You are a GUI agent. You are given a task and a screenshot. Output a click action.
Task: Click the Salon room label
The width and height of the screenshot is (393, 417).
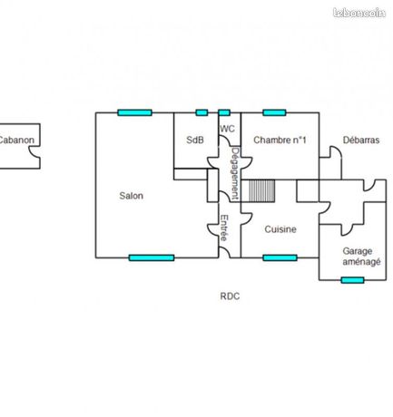point(131,196)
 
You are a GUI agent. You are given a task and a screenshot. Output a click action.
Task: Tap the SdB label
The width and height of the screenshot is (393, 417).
point(195,140)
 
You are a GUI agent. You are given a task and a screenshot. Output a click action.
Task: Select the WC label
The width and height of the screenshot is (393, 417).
point(227,129)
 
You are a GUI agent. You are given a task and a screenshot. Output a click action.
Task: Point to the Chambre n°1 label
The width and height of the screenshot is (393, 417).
point(280,140)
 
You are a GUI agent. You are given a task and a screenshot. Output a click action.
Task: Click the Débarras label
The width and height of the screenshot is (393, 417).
point(361,140)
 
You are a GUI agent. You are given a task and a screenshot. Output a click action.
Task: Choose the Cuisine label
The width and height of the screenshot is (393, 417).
point(280,229)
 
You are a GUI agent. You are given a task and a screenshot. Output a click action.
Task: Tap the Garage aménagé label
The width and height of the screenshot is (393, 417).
point(361,257)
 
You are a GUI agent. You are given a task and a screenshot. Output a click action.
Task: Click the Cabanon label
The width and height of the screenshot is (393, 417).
point(16,140)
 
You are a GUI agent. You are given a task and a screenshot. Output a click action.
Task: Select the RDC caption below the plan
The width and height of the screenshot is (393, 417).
point(230,296)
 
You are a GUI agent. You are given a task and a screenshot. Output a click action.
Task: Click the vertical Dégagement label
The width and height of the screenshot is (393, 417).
point(236,173)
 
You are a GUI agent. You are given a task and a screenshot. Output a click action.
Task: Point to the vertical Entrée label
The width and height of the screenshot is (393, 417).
point(224,228)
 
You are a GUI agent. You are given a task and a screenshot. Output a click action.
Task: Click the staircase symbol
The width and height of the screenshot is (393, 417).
point(262,190)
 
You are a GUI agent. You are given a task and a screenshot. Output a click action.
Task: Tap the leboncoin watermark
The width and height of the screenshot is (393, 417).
point(359,13)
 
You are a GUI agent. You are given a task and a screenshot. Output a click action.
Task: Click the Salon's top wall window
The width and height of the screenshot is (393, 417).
point(134,112)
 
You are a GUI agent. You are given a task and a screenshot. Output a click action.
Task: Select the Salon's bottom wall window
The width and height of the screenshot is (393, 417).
point(152,257)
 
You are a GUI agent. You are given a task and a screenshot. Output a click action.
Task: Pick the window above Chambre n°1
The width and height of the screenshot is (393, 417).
point(274,112)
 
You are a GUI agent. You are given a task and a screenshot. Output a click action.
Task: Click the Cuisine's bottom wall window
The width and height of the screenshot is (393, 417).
point(280,257)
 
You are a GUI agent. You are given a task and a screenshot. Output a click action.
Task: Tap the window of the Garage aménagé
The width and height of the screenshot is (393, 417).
point(352,280)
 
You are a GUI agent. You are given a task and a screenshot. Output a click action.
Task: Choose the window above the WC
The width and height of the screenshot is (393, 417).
point(224,112)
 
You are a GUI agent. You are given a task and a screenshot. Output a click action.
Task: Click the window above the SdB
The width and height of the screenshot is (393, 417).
point(201,112)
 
